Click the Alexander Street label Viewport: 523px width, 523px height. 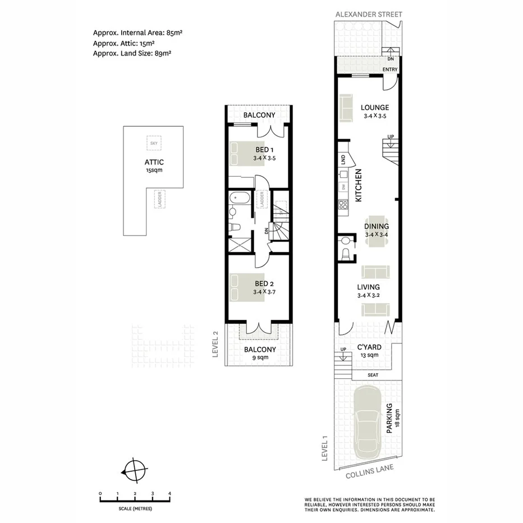(x=369, y=14)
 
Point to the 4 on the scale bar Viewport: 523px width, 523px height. (x=169, y=493)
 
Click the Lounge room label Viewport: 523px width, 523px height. (x=375, y=108)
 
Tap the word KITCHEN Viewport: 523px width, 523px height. (x=358, y=186)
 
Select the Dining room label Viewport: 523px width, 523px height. (x=377, y=227)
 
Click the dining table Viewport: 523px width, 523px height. (x=377, y=232)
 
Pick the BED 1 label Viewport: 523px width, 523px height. (x=264, y=150)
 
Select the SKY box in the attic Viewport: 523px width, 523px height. (x=153, y=143)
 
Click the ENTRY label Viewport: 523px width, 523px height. (x=390, y=70)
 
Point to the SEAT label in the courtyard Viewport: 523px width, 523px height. (x=373, y=375)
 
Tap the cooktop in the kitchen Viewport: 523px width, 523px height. (x=342, y=205)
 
